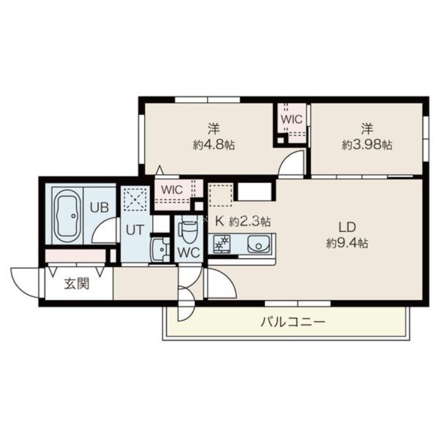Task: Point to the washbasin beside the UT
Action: pyautogui.click(x=160, y=250)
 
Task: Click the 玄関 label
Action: pyautogui.click(x=76, y=284)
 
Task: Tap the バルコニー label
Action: pyautogui.click(x=293, y=322)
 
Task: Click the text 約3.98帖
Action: pyautogui.click(x=367, y=145)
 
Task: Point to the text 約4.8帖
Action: pyautogui.click(x=213, y=145)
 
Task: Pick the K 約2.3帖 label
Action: pyautogui.click(x=243, y=222)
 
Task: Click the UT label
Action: pyautogui.click(x=134, y=230)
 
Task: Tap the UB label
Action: pyautogui.click(x=99, y=207)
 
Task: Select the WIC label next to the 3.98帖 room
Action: pyautogui.click(x=292, y=120)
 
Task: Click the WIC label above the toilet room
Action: pyautogui.click(x=172, y=190)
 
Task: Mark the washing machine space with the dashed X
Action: pyautogui.click(x=136, y=199)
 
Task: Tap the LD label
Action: pyautogui.click(x=347, y=227)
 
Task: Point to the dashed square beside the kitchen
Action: pyautogui.click(x=221, y=195)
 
